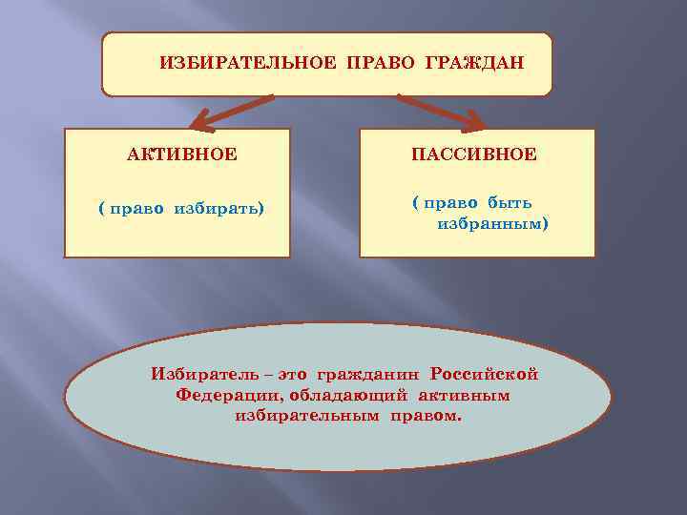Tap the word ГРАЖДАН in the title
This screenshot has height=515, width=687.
pos(476,62)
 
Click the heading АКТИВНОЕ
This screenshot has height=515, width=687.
pos(182,154)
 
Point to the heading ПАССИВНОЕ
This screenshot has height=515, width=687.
pos(474,154)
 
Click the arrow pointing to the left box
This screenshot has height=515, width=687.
pos(230,112)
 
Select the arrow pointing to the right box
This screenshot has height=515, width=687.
pos(441,112)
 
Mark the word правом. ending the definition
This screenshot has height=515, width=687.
pos(424,417)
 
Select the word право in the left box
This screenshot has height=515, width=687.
pos(138,208)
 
